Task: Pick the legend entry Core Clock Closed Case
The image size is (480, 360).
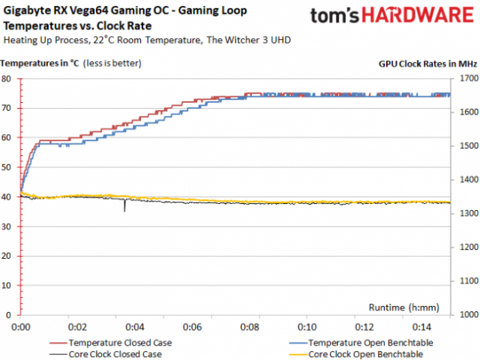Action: [113, 354]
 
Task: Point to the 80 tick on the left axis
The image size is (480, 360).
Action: [6, 78]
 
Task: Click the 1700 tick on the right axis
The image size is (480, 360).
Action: [466, 78]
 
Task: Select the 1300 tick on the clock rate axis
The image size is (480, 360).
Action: [466, 214]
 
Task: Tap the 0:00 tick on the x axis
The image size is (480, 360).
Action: [21, 328]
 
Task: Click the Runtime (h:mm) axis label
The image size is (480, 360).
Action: [404, 307]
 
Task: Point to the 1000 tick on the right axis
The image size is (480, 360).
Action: [466, 316]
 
